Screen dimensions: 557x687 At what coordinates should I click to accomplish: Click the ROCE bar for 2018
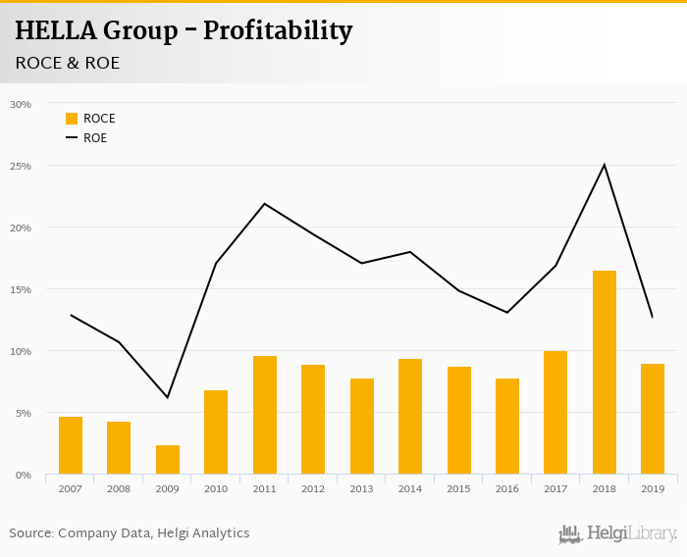(605, 373)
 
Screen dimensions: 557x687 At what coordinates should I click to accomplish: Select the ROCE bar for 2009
(168, 460)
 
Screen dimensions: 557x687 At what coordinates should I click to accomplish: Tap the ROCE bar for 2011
(265, 416)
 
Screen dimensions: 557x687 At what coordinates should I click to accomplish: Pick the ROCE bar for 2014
(410, 417)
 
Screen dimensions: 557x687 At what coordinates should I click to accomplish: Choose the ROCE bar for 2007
(71, 446)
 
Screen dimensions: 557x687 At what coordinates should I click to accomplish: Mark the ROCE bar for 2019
(653, 420)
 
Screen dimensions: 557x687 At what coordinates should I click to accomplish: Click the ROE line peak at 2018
(605, 165)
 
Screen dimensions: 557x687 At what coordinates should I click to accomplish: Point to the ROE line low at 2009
(168, 397)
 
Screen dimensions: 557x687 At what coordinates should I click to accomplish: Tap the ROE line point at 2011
(265, 204)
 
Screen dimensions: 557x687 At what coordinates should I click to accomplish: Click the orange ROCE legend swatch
(72, 119)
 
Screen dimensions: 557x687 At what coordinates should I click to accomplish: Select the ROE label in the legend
(95, 138)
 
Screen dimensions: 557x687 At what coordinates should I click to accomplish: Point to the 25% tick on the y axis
(21, 166)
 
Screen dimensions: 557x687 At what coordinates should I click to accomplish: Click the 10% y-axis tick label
(21, 351)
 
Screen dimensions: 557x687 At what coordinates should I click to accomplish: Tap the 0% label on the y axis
(24, 475)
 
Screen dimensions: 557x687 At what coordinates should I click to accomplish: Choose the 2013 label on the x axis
(361, 488)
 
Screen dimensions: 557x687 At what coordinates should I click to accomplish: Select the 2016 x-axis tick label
(507, 488)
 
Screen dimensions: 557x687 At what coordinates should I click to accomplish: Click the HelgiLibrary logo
(618, 533)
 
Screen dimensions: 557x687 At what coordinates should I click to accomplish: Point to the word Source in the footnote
(32, 533)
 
